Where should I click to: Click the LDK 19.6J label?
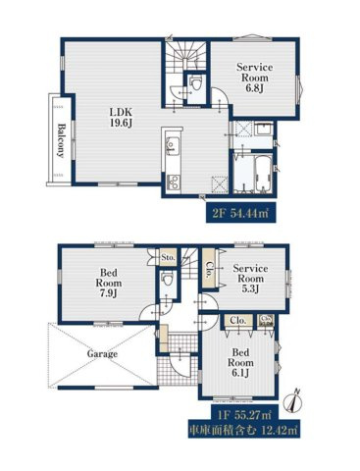coord(121,118)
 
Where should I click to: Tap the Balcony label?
coord(61,140)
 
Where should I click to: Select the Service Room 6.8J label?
coord(254,78)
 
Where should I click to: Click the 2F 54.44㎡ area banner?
coord(240,213)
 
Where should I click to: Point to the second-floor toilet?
coord(196,83)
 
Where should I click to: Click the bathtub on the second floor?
coord(264,175)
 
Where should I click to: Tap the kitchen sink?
coord(173,146)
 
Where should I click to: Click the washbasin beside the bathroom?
coord(264,130)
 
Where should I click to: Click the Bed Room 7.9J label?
coord(108,283)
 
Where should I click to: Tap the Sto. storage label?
coord(168,257)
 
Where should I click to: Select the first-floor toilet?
coord(168,279)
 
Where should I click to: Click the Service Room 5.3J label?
coord(250,279)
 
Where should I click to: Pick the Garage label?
coord(102,353)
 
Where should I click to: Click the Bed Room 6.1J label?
coord(240,362)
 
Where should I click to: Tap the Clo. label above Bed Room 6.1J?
coord(238,321)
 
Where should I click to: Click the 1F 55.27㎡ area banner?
coord(244,415)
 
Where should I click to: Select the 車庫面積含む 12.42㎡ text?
coord(244,431)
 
